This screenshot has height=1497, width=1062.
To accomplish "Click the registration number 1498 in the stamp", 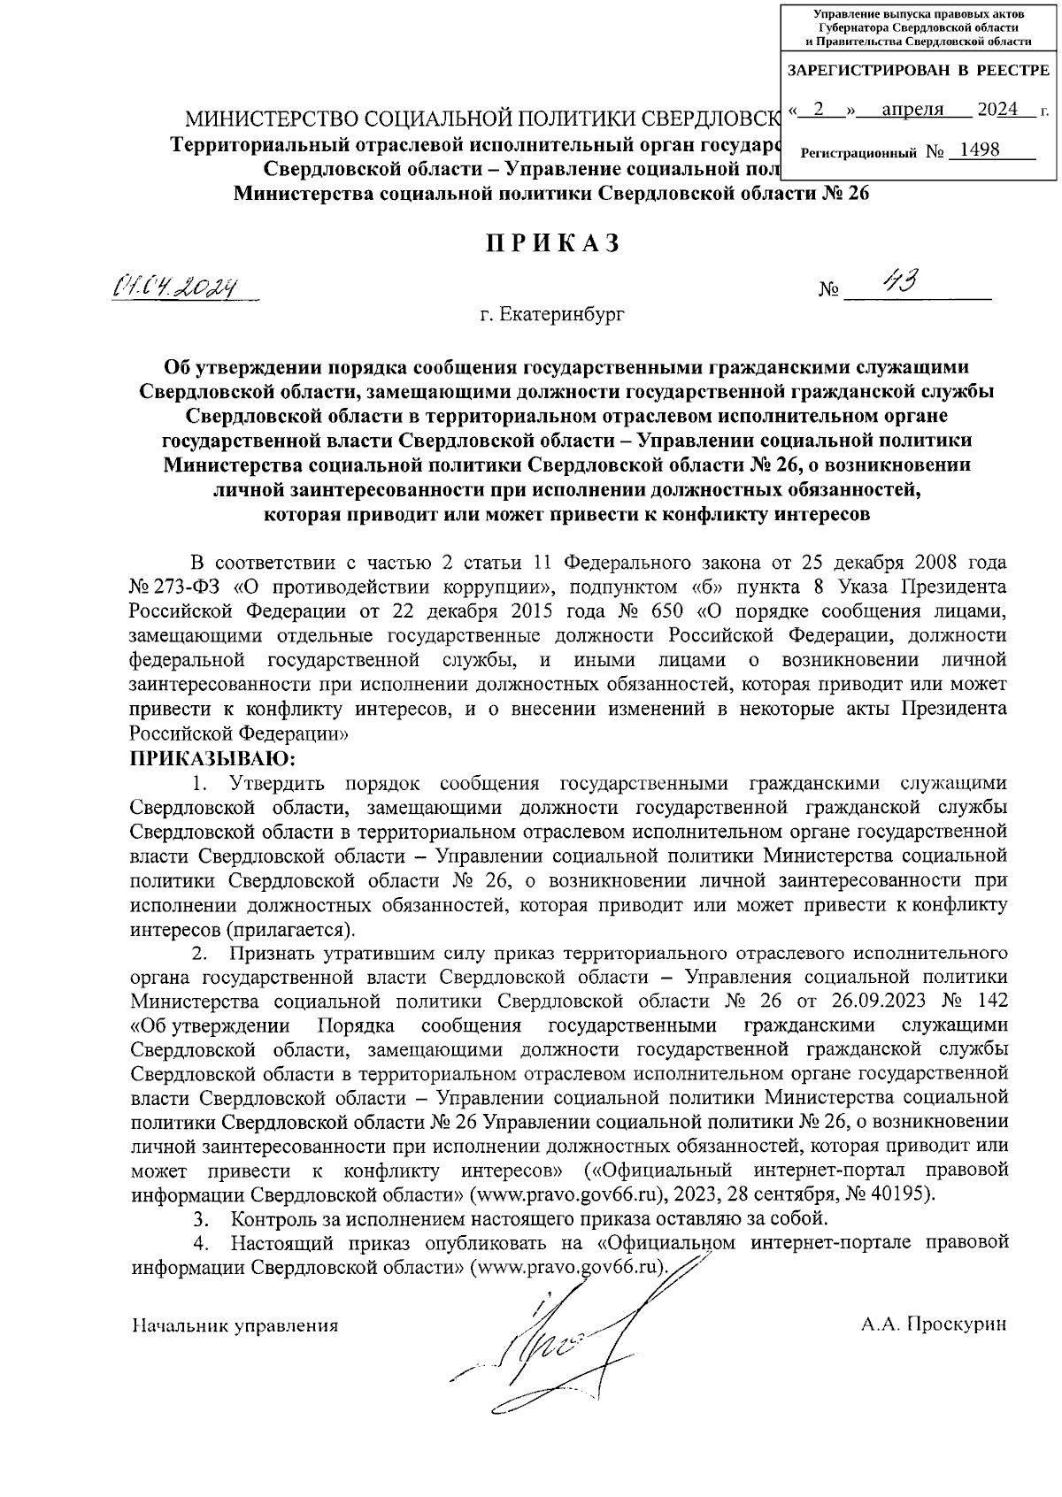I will pyautogui.click(x=973, y=150).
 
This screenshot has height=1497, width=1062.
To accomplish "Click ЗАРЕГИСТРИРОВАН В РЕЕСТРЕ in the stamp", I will pyautogui.click(x=918, y=70).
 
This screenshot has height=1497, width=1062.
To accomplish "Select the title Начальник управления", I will pyautogui.click(x=235, y=1325).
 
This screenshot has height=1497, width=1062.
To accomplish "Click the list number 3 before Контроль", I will pyautogui.click(x=200, y=1218).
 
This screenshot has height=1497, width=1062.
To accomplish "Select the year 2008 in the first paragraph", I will pyautogui.click(x=936, y=562).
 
